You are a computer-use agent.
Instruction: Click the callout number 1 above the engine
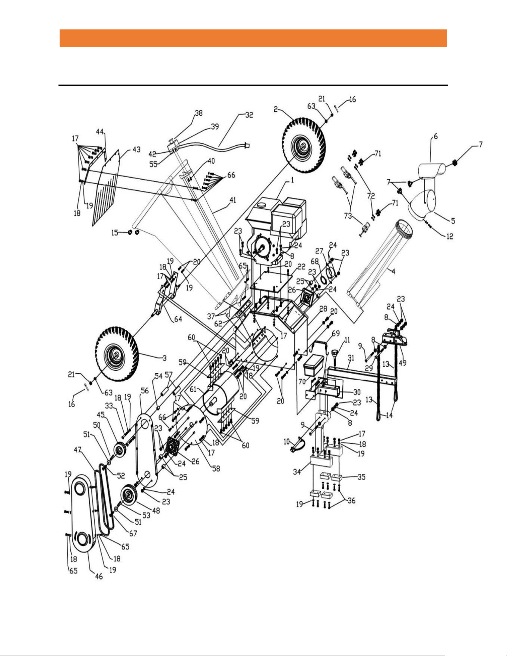292,180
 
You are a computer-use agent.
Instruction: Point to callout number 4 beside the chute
393,272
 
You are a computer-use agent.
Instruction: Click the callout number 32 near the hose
249,115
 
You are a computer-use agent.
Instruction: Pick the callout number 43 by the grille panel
137,149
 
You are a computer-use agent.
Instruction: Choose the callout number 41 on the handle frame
233,200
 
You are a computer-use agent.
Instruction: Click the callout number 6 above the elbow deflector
435,136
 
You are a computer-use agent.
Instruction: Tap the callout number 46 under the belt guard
99,577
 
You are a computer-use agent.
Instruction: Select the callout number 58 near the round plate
216,468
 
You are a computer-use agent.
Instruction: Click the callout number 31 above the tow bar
351,357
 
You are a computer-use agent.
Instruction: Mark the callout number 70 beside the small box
302,381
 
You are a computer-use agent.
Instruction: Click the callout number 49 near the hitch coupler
402,362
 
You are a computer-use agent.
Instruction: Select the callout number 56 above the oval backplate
145,390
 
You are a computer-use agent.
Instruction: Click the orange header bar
253,38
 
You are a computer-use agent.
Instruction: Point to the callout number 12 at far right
450,236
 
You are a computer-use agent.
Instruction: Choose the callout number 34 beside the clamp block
297,472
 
